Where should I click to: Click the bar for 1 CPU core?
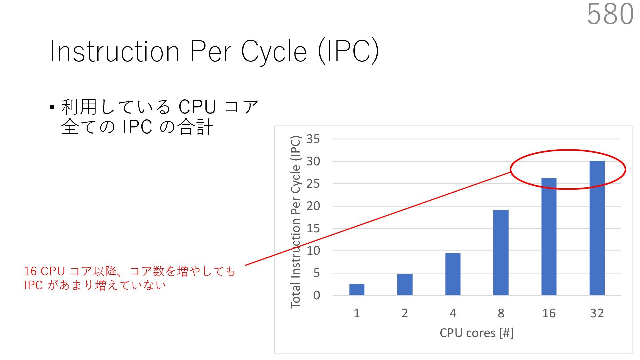pyautogui.click(x=357, y=290)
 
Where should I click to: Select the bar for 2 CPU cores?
pyautogui.click(x=405, y=285)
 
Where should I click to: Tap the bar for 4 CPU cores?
pyautogui.click(x=453, y=274)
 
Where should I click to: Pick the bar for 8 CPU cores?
pyautogui.click(x=501, y=253)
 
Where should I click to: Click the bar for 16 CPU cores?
pyautogui.click(x=549, y=237)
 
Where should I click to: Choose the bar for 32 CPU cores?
pyautogui.click(x=597, y=228)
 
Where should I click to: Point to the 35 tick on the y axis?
pyautogui.click(x=313, y=139)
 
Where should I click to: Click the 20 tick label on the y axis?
pyautogui.click(x=313, y=206)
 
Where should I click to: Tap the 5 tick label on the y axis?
pyautogui.click(x=316, y=273)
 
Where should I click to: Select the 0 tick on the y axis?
pyautogui.click(x=316, y=295)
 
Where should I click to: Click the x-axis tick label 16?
pyautogui.click(x=549, y=313)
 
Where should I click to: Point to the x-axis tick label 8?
pyautogui.click(x=501, y=313)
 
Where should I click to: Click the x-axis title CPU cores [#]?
pyautogui.click(x=476, y=333)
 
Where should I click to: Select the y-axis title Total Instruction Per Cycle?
pyautogui.click(x=296, y=222)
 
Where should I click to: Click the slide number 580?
pyautogui.click(x=610, y=14)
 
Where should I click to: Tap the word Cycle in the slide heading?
pyautogui.click(x=274, y=52)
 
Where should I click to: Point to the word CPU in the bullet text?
pyautogui.click(x=197, y=107)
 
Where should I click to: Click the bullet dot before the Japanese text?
pyautogui.click(x=52, y=108)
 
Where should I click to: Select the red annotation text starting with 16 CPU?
pyautogui.click(x=129, y=278)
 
